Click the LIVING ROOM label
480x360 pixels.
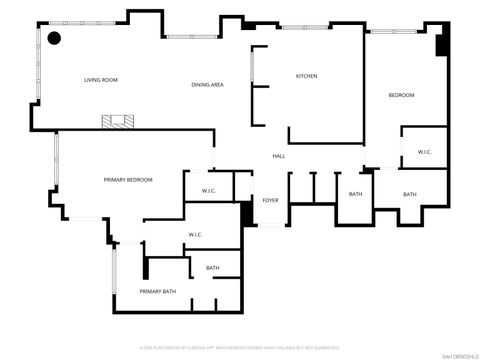point(101,80)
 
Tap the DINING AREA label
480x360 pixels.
point(207,85)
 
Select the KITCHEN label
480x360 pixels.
point(306,76)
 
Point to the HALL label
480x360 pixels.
point(280,156)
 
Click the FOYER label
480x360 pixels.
point(270,200)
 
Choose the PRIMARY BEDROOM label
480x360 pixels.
point(128,179)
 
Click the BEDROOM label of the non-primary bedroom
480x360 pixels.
point(401,95)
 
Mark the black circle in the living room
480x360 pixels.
point(54,39)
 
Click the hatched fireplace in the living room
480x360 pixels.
point(117,122)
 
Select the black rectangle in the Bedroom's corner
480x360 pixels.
point(443,46)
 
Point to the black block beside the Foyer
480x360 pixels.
point(246,214)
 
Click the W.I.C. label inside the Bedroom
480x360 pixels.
point(424,152)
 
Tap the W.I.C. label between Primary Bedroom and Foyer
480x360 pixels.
point(209,191)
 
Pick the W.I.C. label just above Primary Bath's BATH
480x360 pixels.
point(195,235)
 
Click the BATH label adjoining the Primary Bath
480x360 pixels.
point(212,268)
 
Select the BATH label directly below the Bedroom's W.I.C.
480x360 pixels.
point(409,194)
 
